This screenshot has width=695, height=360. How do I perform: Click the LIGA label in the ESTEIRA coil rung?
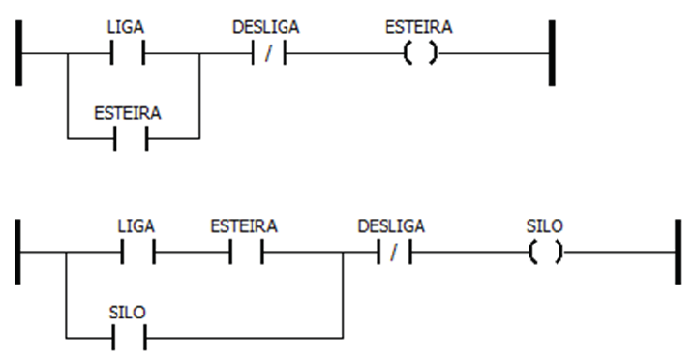point(127,28)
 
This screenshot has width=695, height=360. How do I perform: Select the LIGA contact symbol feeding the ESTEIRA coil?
point(127,53)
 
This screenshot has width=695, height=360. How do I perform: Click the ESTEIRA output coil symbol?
point(418,53)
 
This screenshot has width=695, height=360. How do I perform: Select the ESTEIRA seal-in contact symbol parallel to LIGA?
point(132,139)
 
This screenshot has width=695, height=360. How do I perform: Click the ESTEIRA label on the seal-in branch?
point(128,113)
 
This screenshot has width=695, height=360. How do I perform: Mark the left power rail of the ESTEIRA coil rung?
point(20,53)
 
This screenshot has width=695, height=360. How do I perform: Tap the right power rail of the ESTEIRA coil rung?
point(549,53)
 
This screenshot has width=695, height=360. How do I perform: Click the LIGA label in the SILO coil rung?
point(136,226)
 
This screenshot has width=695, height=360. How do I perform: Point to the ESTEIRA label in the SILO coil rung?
point(244,226)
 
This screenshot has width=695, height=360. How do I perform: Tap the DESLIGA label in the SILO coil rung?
point(391,226)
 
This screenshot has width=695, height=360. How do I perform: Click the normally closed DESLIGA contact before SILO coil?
point(391,253)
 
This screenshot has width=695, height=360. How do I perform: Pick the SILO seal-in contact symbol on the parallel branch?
point(129,339)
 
